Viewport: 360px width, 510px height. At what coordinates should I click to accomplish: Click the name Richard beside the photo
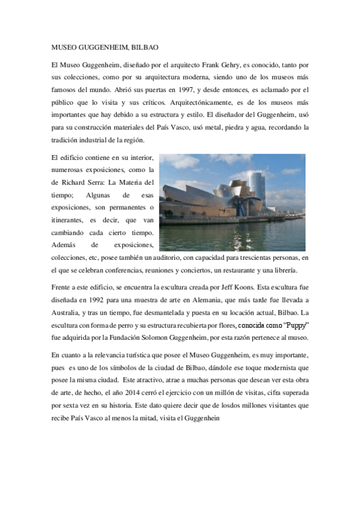75,181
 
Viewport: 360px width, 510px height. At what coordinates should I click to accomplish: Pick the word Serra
102,181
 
